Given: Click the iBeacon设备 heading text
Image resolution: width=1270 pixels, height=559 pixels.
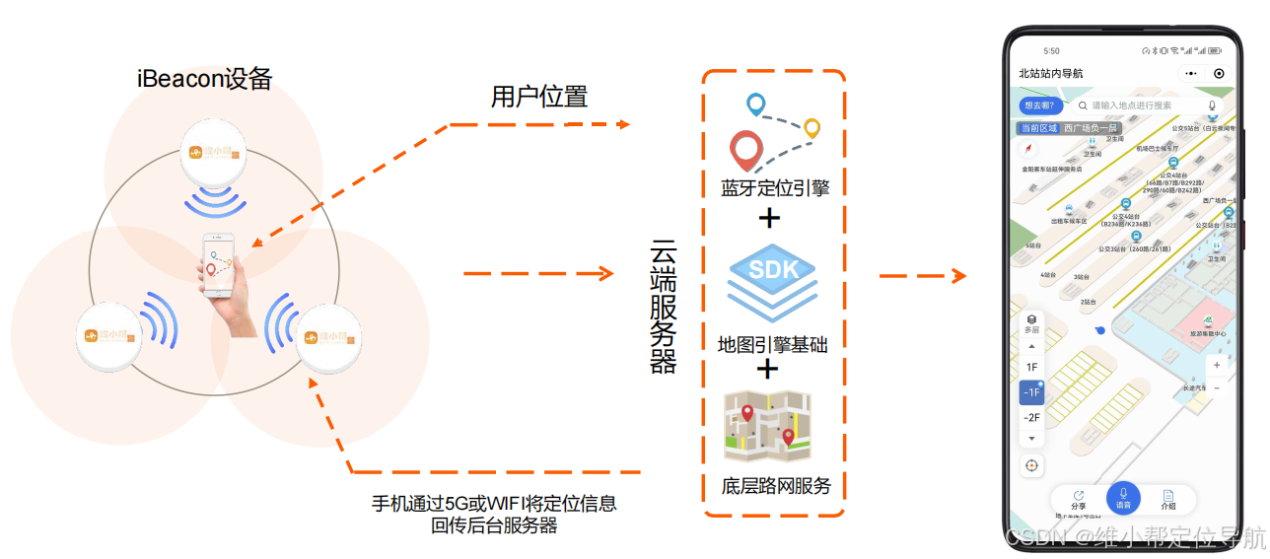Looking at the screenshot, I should point(205,79).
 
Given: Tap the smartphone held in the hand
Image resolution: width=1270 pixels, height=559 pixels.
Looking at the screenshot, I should point(218,265).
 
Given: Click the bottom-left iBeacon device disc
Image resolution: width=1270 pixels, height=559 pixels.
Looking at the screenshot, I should point(107,336).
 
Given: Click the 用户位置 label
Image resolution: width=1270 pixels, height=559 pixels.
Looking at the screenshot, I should point(539,97).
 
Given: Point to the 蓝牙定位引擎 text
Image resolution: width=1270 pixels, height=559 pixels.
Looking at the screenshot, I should point(774,187).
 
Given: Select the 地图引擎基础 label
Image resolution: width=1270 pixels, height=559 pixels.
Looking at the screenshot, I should point(772,344).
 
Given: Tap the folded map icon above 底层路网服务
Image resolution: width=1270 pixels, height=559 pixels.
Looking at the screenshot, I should point(767,427).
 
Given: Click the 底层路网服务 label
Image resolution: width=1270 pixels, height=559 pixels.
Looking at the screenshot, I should point(776,486).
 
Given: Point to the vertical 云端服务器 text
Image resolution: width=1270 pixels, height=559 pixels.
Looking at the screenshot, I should point(664,307).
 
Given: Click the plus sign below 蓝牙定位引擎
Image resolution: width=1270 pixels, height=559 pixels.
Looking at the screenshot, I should point(769,218).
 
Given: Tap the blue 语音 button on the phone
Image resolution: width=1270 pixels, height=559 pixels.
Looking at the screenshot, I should point(1123,498).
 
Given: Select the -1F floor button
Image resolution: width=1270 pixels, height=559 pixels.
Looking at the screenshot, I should point(1031,392).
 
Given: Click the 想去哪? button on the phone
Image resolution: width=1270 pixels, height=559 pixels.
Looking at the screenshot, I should point(1040,105).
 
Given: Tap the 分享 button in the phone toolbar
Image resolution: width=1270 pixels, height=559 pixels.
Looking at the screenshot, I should point(1078,499).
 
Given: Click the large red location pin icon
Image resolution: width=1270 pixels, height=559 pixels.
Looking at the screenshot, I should point(746,151).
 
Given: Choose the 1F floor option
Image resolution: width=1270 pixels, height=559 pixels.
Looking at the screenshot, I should point(1031,367).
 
